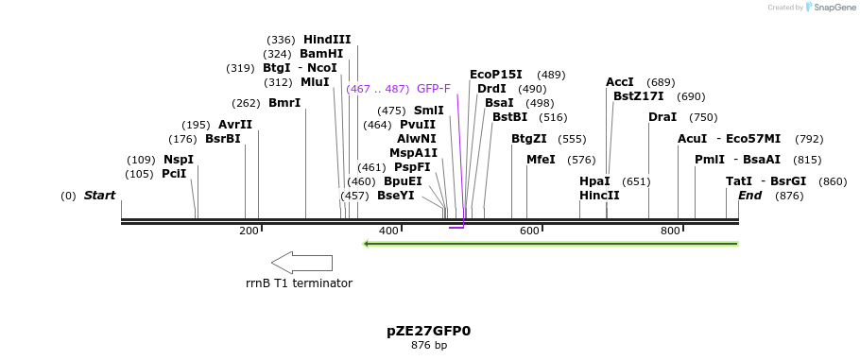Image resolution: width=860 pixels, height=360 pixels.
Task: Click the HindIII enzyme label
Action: point(327,40)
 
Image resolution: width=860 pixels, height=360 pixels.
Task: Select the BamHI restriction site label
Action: point(321,54)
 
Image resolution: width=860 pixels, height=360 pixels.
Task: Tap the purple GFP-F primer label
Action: point(434,89)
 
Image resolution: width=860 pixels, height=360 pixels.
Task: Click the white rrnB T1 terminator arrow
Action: point(301,262)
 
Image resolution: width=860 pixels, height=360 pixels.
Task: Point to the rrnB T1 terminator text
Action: point(299,283)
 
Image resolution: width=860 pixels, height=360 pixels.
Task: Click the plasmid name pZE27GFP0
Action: point(428,332)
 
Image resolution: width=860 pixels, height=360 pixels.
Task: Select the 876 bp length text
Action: point(429,346)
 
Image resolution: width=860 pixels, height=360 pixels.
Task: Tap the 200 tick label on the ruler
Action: point(249,231)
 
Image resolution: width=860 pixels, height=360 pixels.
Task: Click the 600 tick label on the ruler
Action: point(529,231)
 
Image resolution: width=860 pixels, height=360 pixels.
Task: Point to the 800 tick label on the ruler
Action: point(670,231)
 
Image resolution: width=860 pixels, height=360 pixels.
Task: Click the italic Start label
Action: point(99,196)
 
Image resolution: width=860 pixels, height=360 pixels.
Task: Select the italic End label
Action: point(749,196)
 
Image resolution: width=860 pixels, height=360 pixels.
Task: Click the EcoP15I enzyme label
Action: point(496,75)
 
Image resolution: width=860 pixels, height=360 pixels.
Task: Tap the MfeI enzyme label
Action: point(541,160)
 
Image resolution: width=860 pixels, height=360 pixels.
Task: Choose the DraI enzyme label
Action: point(662,117)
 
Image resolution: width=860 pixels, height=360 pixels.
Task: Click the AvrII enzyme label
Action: point(235,125)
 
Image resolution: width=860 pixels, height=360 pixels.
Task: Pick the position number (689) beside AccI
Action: point(662,82)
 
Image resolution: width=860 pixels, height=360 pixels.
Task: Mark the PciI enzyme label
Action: point(174,174)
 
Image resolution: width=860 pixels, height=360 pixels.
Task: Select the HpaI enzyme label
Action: point(594,181)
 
